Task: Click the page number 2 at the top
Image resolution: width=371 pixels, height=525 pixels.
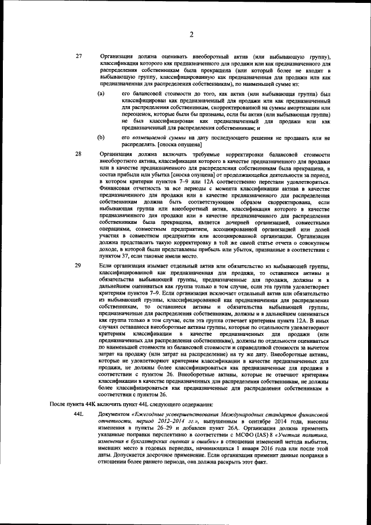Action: pyautogui.click(x=191, y=34)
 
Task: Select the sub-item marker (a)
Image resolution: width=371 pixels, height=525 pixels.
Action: pyautogui.click(x=101, y=93)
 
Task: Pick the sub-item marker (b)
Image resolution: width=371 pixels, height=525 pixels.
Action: pyautogui.click(x=101, y=137)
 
